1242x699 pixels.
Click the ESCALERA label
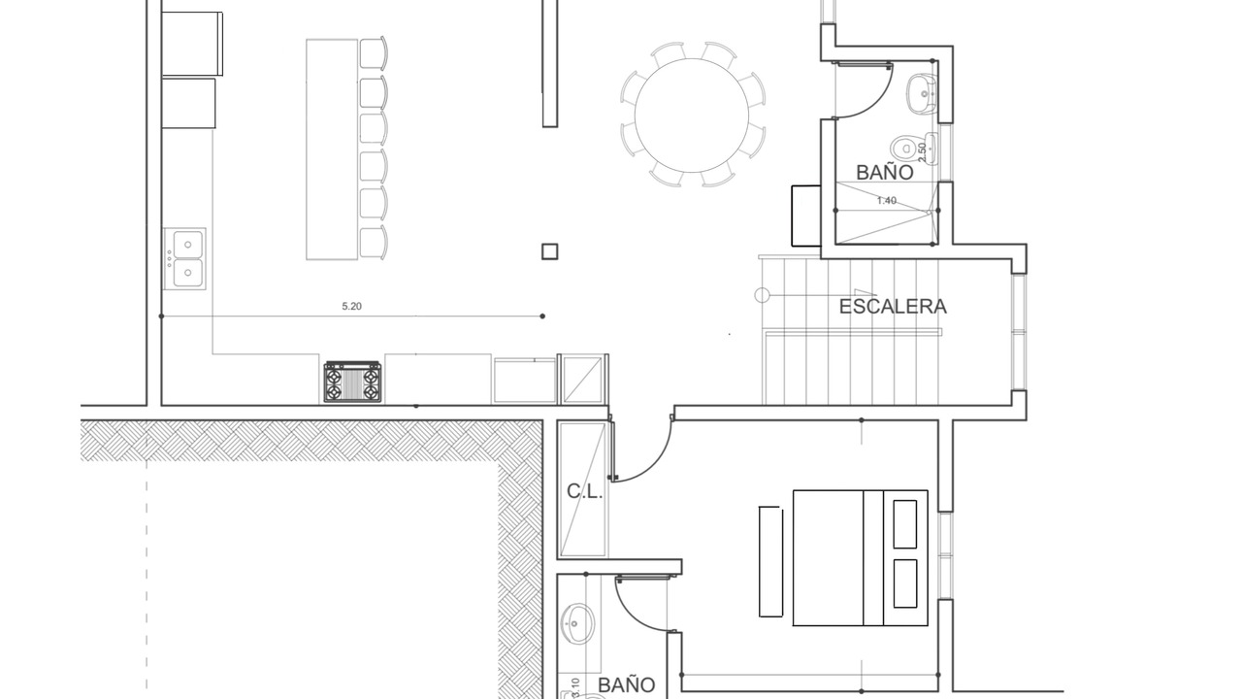[893, 307]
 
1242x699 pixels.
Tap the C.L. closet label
[584, 491]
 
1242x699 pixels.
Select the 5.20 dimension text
[351, 306]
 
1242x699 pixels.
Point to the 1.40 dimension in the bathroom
[886, 201]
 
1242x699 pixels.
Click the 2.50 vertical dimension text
[922, 152]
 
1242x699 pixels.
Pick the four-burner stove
[352, 382]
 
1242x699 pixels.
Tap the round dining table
[692, 116]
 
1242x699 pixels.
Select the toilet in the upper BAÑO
[907, 149]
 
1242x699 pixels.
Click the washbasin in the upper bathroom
[921, 94]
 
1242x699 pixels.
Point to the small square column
[549, 251]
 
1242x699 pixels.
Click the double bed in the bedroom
[860, 557]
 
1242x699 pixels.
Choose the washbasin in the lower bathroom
[577, 623]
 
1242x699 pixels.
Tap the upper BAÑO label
[884, 173]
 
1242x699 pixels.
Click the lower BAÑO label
[627, 685]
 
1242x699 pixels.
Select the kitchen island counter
[332, 150]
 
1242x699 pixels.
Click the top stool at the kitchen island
[374, 53]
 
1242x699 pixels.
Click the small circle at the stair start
[763, 295]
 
